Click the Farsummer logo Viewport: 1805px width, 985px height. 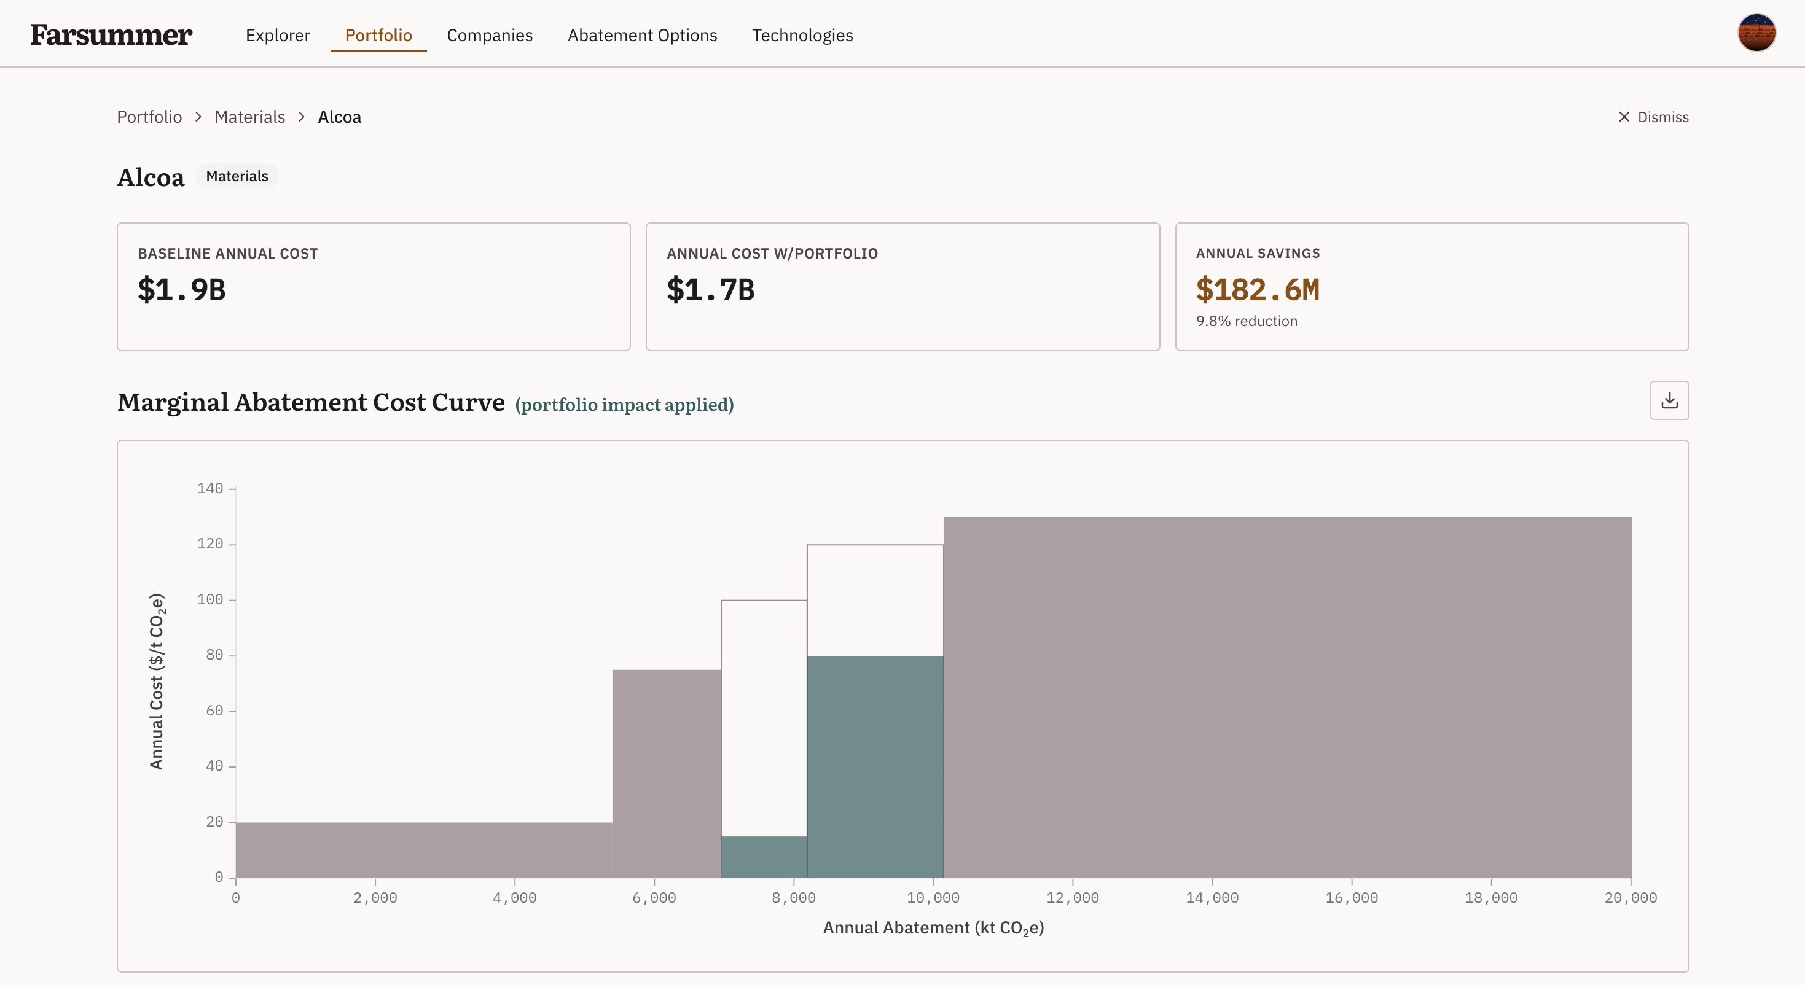(x=111, y=35)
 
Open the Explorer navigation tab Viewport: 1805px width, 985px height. (x=278, y=35)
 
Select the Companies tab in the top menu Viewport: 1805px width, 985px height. (x=490, y=35)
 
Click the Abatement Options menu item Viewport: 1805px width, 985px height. (x=643, y=35)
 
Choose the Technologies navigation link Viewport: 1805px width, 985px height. (x=802, y=35)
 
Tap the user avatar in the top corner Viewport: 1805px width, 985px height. (x=1756, y=33)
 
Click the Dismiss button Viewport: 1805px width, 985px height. (x=1653, y=117)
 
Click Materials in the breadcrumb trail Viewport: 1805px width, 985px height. (x=249, y=117)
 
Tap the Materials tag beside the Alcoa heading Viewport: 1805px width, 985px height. (x=237, y=176)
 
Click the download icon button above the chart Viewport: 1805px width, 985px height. (x=1669, y=400)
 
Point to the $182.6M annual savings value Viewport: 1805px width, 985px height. (x=1258, y=289)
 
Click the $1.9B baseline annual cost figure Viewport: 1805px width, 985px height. (x=181, y=289)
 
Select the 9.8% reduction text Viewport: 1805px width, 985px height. (x=1247, y=321)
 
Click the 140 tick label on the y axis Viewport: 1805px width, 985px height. (x=209, y=488)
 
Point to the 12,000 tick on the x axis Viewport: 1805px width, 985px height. (x=1072, y=897)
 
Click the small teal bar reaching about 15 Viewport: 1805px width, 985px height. (x=764, y=857)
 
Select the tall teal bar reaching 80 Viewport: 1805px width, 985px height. (x=875, y=766)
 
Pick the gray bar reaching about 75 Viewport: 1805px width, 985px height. (x=667, y=773)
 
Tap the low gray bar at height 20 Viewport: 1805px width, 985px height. (x=424, y=850)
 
